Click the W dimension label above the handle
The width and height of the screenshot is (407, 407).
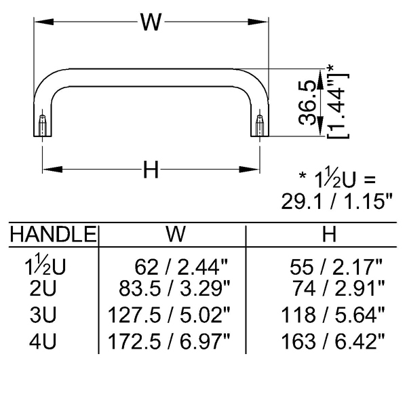[151, 22]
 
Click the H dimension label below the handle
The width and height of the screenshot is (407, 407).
[151, 170]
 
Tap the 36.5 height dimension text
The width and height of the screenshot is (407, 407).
[307, 103]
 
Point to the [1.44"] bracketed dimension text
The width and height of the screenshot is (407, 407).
[337, 106]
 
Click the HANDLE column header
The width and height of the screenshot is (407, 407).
[53, 234]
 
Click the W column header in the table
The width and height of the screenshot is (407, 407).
[176, 234]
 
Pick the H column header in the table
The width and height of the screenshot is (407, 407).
[329, 234]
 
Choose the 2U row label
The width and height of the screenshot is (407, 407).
[43, 288]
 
